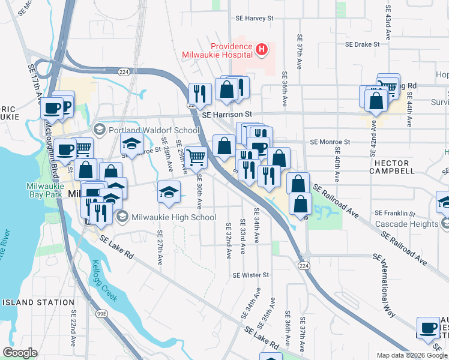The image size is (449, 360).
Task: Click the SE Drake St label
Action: pyautogui.click(x=362, y=44)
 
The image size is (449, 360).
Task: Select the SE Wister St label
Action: pyautogui.click(x=252, y=275)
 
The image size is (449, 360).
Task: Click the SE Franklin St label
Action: pyautogui.click(x=395, y=213)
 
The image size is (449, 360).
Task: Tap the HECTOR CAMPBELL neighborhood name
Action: pyautogui.click(x=394, y=167)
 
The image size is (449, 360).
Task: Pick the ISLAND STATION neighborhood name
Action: pyautogui.click(x=29, y=302)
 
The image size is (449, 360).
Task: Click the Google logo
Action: pyautogui.click(x=20, y=353)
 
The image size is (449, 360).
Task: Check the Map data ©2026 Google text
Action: pyautogui.click(x=412, y=355)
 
